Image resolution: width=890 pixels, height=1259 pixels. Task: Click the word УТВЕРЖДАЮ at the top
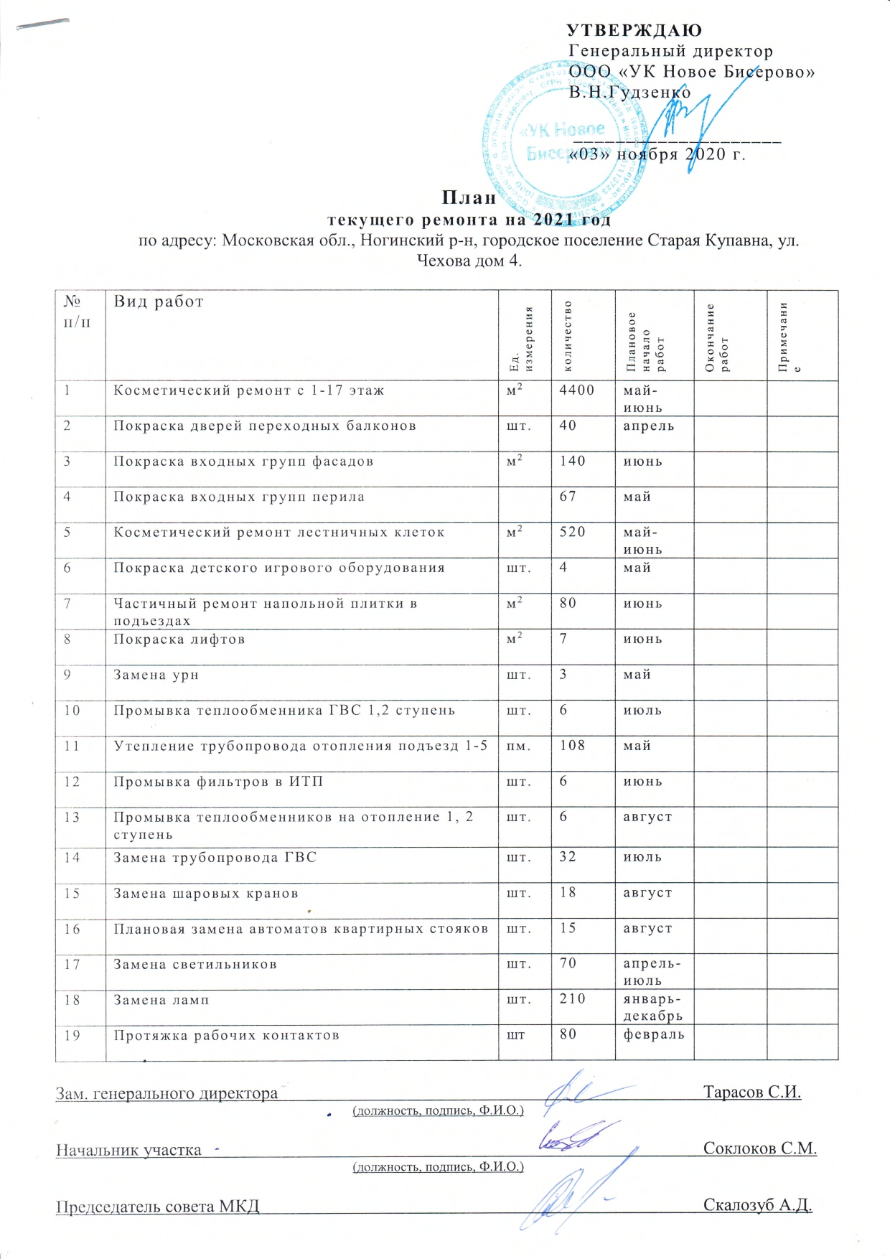pos(634,30)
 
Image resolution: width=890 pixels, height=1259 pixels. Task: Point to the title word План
pos(469,197)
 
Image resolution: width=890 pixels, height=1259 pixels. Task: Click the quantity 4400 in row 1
pos(577,390)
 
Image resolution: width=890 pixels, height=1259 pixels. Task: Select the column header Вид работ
pos(159,302)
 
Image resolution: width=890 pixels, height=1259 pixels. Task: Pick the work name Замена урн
pos(156,675)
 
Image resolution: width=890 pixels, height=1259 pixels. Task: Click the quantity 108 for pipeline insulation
pos(573,746)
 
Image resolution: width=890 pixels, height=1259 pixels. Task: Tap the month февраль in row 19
pos(653,1035)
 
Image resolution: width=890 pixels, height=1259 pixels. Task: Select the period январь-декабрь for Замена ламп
pos(652,1008)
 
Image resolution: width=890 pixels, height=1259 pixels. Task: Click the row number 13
pos(72,817)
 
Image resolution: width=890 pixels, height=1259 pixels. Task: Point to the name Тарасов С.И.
pos(751,1092)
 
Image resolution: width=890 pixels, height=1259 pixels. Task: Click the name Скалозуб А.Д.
pos(757,1205)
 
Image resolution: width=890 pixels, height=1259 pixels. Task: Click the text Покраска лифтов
pos(179,639)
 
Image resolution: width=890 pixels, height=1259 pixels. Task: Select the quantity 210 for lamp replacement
pos(573,999)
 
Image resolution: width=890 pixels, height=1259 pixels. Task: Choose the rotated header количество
pos(568,336)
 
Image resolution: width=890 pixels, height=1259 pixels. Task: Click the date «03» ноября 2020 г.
pos(657,154)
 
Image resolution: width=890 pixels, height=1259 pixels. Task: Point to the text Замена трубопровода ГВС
pos(215,857)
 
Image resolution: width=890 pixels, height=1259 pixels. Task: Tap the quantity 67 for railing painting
pos(568,497)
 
